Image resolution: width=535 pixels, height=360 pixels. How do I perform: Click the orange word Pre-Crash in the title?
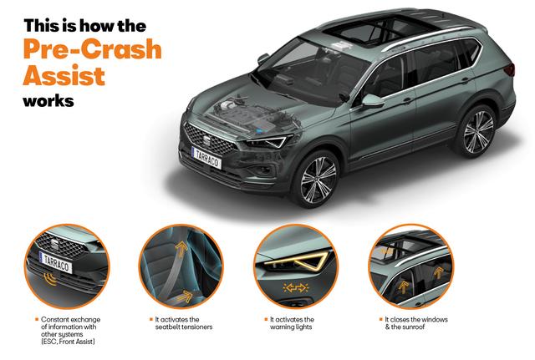click(93, 49)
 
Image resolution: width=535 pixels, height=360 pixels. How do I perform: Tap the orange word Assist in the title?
click(64, 75)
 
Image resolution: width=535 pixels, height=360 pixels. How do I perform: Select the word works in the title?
click(48, 101)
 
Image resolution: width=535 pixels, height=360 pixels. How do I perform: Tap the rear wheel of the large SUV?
click(477, 132)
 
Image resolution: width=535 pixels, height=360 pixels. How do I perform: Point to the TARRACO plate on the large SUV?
click(206, 159)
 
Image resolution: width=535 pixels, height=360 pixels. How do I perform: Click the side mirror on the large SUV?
click(373, 100)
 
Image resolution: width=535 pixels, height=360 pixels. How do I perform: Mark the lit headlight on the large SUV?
click(268, 141)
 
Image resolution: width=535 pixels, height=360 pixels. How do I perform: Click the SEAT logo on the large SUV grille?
click(206, 140)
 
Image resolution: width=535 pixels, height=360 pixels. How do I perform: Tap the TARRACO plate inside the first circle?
click(56, 262)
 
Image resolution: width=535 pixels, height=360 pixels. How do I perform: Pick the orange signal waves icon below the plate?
click(50, 279)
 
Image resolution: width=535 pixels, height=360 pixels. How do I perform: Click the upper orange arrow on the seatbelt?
click(181, 249)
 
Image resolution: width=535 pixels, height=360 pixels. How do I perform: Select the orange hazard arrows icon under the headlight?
click(296, 288)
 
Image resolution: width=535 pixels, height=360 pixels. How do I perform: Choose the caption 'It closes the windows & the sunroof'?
click(414, 323)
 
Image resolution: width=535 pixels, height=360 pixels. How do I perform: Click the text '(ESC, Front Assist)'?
click(68, 342)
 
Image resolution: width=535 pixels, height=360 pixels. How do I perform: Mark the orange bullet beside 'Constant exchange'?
click(37, 319)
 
